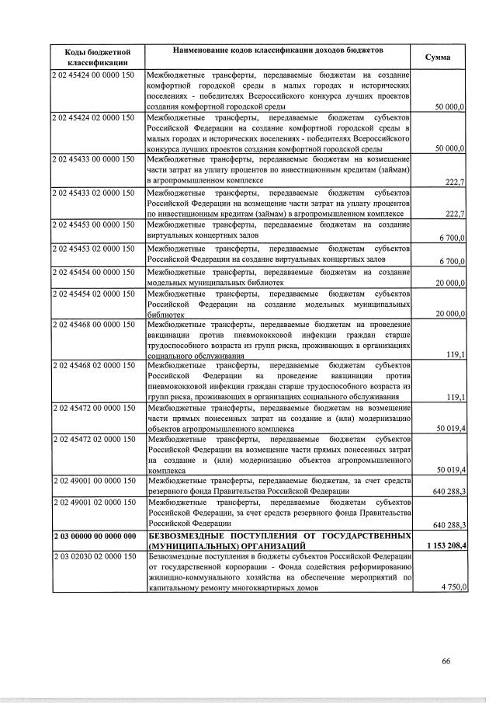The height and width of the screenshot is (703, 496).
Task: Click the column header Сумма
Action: [x=439, y=58]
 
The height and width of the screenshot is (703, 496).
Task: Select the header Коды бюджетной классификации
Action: [x=97, y=57]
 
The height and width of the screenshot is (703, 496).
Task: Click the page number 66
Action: [x=446, y=661]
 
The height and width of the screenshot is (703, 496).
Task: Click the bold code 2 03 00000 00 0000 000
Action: [x=95, y=536]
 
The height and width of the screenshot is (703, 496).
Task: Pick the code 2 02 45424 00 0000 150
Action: [x=93, y=74]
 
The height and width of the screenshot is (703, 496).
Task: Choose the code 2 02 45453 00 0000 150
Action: [x=93, y=225]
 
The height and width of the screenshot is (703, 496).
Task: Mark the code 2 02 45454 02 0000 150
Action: [x=93, y=294]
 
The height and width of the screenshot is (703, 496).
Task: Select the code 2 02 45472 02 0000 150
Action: [x=93, y=440]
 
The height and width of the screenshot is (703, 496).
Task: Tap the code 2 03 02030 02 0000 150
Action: [x=93, y=558]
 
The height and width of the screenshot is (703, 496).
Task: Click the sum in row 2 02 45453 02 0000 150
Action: [x=452, y=260]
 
